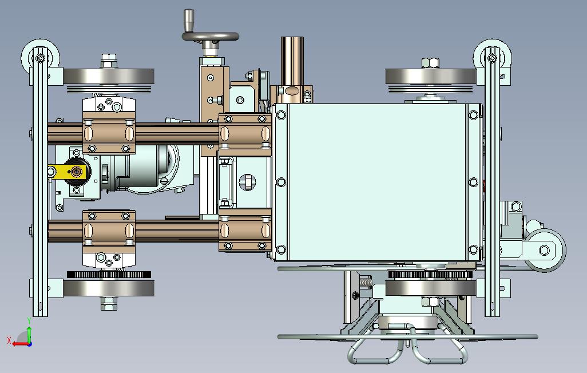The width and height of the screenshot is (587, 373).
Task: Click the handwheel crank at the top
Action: tap(211, 36)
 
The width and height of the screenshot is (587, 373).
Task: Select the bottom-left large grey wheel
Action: tap(109, 288)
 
